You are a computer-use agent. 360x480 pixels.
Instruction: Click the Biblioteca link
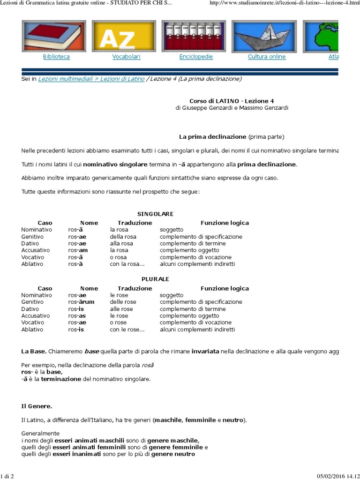56,57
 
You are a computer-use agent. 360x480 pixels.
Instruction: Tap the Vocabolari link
126,57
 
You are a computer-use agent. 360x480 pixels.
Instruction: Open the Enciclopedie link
196,57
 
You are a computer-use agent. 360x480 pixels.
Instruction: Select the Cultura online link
266,57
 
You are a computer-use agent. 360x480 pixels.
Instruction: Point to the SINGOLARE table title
155,214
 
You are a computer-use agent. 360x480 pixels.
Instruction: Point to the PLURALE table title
155,279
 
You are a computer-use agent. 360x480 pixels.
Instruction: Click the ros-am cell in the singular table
78,250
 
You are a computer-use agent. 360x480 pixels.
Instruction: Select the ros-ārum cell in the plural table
81,302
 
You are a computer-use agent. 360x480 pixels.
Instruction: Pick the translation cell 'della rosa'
123,237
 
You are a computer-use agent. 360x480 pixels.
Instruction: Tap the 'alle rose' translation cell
121,309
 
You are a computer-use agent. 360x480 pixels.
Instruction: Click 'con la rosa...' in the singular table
127,264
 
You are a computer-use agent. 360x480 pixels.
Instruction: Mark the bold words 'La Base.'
34,351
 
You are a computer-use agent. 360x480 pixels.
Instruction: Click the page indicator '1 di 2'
8,477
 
